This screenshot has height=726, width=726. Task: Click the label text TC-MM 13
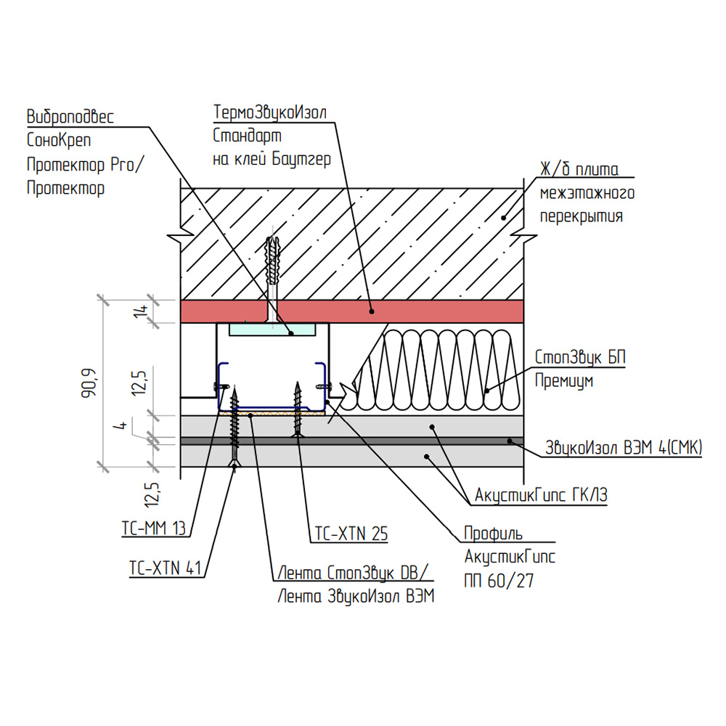(153, 528)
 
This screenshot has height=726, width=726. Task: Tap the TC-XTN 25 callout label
(351, 534)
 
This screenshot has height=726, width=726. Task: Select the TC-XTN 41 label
(166, 568)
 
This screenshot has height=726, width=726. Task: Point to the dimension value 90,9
(89, 383)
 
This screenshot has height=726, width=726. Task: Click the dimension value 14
(140, 311)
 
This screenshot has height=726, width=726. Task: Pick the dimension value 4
(121, 425)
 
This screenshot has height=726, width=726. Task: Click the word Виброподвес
(70, 116)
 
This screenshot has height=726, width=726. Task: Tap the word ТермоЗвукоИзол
(270, 112)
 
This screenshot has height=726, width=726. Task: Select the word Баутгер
(301, 159)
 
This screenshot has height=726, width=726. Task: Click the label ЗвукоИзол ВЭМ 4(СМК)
(624, 447)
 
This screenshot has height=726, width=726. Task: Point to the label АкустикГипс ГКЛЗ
(541, 495)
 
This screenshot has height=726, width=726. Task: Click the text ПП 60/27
(499, 580)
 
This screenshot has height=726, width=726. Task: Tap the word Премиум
(564, 380)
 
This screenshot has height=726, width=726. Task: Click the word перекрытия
(581, 216)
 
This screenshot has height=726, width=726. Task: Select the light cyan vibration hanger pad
(272, 329)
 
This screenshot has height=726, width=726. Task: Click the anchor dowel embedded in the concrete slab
(272, 261)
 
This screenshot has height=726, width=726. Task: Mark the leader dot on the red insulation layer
(371, 311)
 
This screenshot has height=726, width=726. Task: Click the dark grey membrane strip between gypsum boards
(352, 441)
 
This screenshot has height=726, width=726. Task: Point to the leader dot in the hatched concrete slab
(503, 218)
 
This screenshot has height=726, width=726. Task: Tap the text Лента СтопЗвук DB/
(354, 573)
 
